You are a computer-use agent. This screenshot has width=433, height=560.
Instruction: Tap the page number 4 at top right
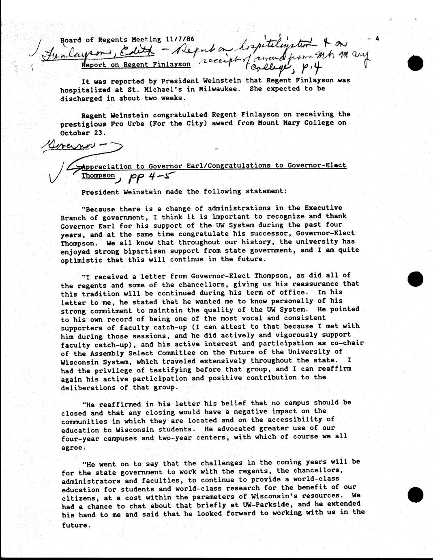pos(377,39)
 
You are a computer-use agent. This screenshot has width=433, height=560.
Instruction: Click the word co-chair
pos(346,344)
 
